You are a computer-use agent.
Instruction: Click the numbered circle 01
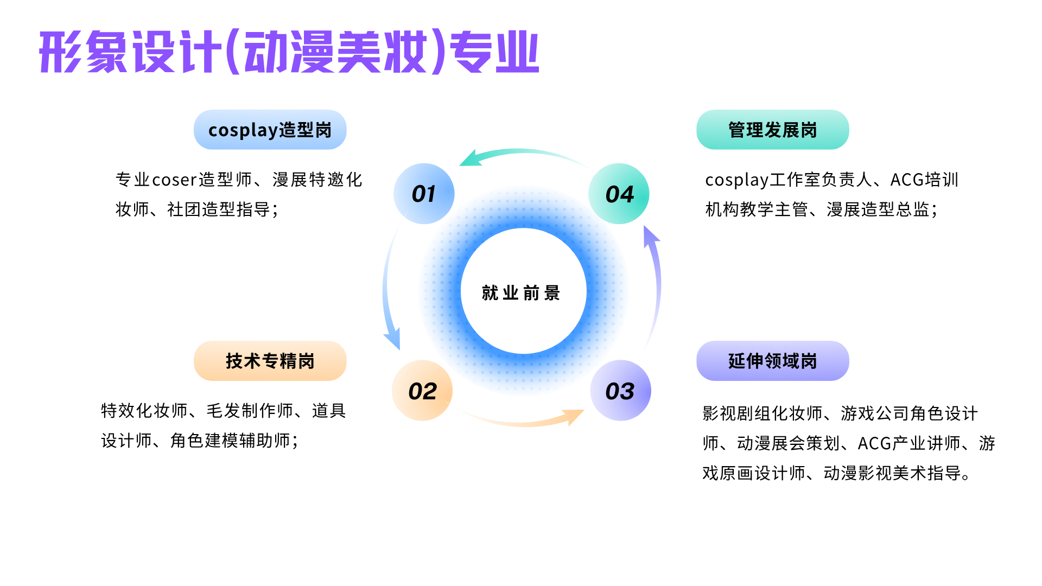(424, 194)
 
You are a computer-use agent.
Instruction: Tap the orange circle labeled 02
(422, 391)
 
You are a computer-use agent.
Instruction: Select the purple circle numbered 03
(620, 391)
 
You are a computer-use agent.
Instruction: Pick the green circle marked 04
(619, 194)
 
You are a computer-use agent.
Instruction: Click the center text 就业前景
(521, 293)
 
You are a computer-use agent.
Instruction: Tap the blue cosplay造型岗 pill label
(270, 130)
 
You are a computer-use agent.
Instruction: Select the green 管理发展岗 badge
(772, 130)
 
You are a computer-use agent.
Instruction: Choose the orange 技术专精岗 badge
(270, 361)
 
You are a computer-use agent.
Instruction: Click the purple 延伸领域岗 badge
(772, 361)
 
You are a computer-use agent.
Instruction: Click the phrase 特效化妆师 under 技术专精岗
(144, 411)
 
